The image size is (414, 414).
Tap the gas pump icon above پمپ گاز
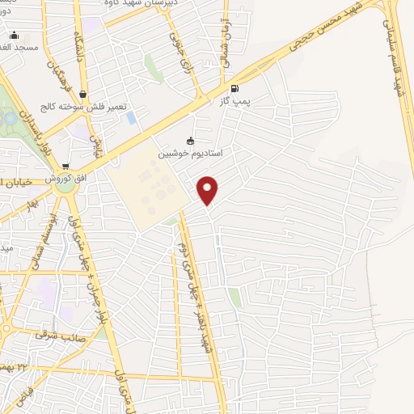pyautogui.click(x=235, y=88)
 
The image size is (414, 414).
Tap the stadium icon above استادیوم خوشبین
pyautogui.click(x=191, y=140)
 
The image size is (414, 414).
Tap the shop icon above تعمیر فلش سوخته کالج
pyautogui.click(x=83, y=95)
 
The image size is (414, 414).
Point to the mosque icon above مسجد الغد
pyautogui.click(x=12, y=35)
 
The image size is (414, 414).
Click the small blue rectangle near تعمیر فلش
pyautogui.click(x=131, y=117)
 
